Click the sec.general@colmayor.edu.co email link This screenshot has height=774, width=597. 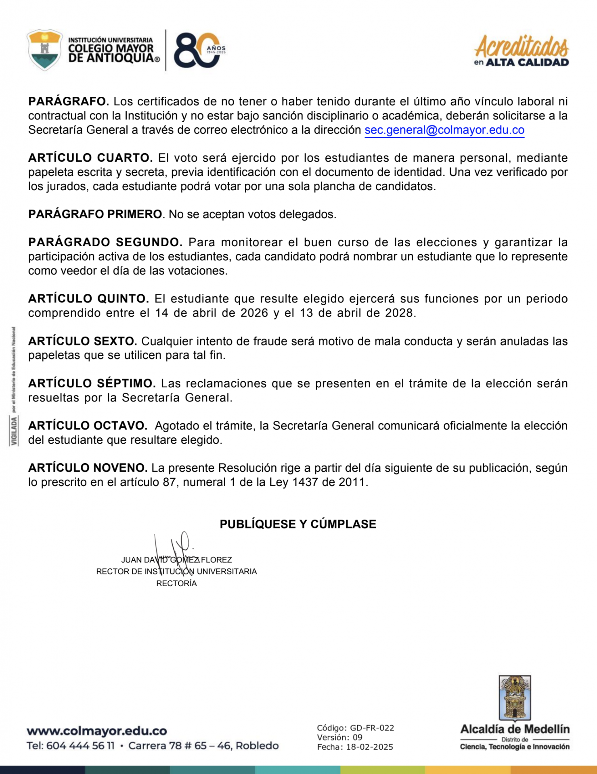click(444, 130)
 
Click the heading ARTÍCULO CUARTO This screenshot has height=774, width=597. click(90, 158)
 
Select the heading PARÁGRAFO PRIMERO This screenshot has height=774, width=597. click(95, 214)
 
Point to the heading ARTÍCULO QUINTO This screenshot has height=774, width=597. click(88, 299)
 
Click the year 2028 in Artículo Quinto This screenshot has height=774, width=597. click(400, 313)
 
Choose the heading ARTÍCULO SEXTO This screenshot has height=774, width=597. click(83, 341)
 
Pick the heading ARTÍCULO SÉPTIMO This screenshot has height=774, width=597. click(92, 383)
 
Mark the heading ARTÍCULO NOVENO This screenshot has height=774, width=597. click(88, 468)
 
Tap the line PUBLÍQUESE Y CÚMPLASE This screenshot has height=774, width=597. click(298, 524)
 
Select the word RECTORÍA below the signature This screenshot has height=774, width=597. click(176, 583)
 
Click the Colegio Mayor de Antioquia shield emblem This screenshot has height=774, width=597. click(44, 50)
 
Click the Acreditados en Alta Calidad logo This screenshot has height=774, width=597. click(521, 51)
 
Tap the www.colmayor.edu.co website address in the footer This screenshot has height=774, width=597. click(97, 731)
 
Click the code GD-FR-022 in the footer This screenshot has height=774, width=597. click(372, 728)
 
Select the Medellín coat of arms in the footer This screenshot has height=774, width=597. click(515, 697)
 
